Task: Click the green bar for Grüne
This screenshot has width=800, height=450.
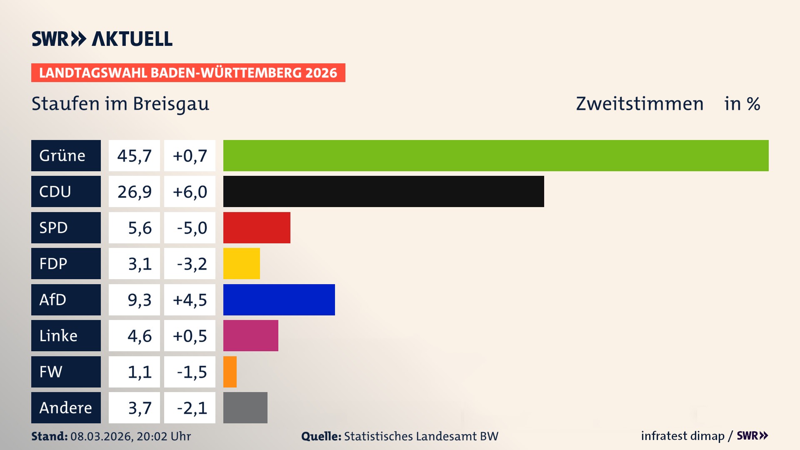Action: (x=496, y=155)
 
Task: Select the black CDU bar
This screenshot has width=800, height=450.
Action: (x=383, y=191)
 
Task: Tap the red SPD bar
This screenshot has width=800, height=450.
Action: (x=257, y=227)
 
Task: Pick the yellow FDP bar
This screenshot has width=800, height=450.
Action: (x=241, y=263)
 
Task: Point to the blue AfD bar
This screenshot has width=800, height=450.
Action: (x=279, y=300)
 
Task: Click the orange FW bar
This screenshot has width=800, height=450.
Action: (x=230, y=372)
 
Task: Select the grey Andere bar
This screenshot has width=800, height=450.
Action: (x=245, y=407)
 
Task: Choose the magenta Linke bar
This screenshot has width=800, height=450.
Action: (x=250, y=335)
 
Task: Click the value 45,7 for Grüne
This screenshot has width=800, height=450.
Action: (x=134, y=156)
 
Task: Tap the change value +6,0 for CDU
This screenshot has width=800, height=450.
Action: (x=190, y=192)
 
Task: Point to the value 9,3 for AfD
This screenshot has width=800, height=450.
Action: (x=139, y=300)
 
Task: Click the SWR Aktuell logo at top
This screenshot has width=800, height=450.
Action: (x=102, y=39)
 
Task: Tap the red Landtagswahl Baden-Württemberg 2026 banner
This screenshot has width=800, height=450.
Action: (x=188, y=73)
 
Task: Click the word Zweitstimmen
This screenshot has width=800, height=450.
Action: (x=639, y=104)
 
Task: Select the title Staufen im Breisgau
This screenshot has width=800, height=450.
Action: (x=120, y=104)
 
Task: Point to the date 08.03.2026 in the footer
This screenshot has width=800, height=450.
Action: (x=101, y=436)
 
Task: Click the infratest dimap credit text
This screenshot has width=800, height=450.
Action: (x=682, y=436)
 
